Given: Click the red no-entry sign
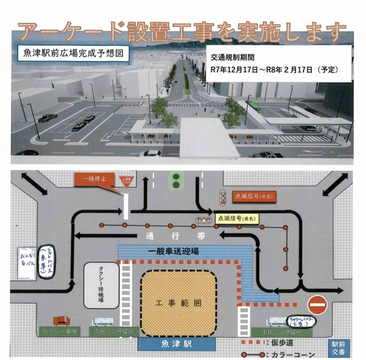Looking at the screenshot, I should coord(318,306).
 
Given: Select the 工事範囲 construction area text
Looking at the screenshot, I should coord(178,303).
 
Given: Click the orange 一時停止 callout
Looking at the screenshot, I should coord(95,179).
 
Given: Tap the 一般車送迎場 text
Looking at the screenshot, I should coord(181,251).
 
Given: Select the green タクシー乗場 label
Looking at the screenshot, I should coord(59,332).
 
